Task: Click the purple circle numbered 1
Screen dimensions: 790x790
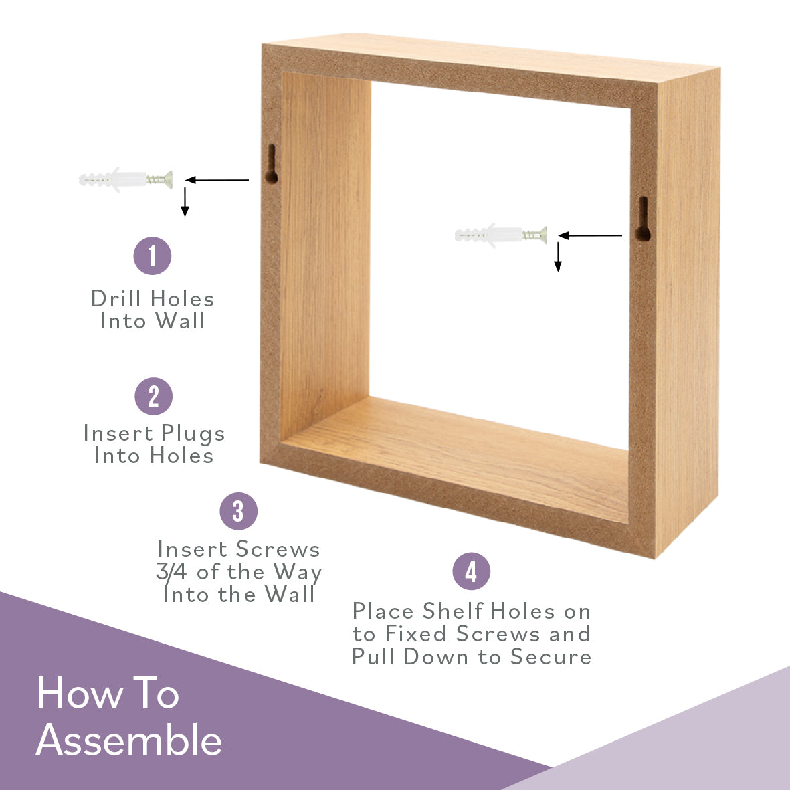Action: tap(153, 256)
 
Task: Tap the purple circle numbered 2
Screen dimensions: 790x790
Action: tap(154, 397)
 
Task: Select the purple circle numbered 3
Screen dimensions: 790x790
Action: tap(239, 512)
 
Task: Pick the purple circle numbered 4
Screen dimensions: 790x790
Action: tap(472, 572)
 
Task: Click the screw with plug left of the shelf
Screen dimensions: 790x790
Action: tap(125, 179)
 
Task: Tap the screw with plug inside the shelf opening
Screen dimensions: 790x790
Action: tap(500, 235)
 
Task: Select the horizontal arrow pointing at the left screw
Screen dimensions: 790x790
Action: tap(217, 179)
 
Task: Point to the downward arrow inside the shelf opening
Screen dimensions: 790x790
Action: tap(558, 258)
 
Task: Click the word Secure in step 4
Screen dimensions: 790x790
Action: tap(551, 656)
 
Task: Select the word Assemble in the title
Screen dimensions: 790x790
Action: tap(129, 740)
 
